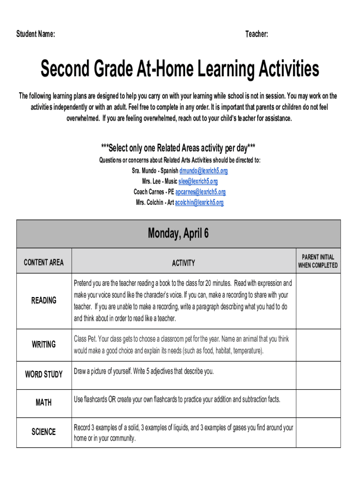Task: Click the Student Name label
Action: (36, 34)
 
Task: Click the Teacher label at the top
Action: (257, 34)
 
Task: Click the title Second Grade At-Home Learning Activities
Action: (180, 69)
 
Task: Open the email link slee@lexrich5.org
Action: (198, 181)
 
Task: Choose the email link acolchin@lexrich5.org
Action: (199, 203)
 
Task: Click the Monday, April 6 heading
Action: (178, 233)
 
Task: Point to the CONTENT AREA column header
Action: (43, 262)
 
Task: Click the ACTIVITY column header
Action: (183, 263)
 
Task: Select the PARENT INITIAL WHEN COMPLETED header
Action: (318, 261)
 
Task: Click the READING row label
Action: (43, 300)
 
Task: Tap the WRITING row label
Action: (43, 344)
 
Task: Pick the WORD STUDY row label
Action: (43, 374)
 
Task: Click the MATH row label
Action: (43, 402)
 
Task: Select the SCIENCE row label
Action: (43, 432)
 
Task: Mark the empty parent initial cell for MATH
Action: (318, 403)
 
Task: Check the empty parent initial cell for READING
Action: (318, 301)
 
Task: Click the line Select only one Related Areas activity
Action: (178, 148)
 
